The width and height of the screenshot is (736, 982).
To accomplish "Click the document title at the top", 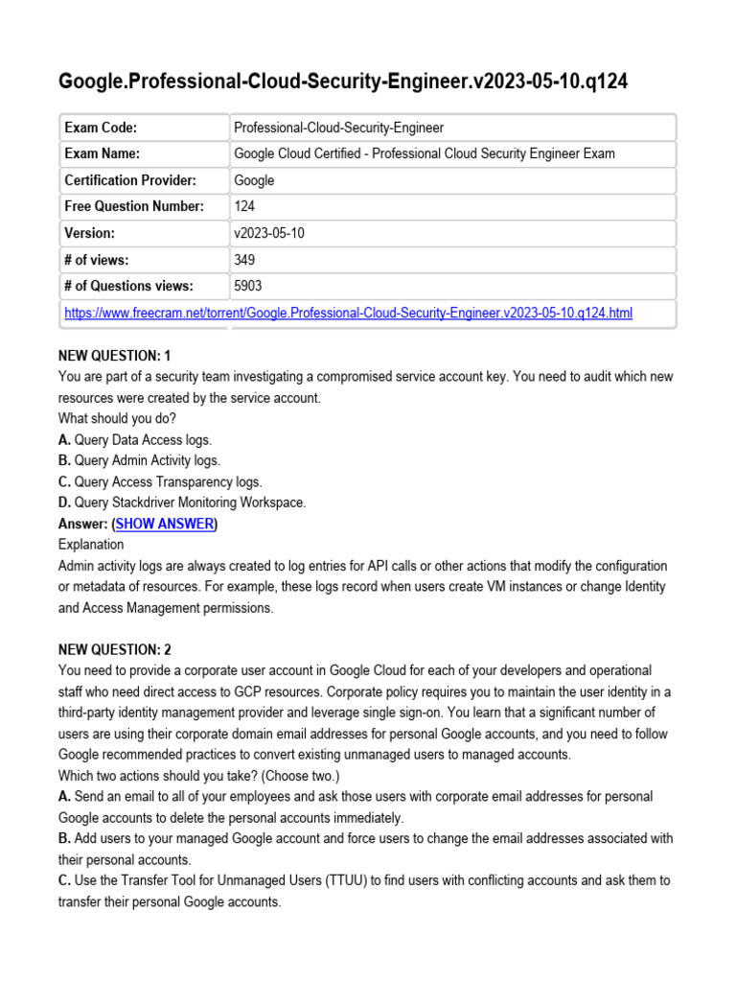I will pyautogui.click(x=343, y=82).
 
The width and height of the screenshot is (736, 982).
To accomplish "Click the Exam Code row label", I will pyautogui.click(x=101, y=128).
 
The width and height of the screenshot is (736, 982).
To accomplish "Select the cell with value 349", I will pyautogui.click(x=245, y=259).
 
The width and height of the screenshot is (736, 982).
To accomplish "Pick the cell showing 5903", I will pyautogui.click(x=248, y=286).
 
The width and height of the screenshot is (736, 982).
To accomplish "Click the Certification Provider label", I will pyautogui.click(x=129, y=180).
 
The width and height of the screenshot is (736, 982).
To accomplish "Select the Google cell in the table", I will pyautogui.click(x=254, y=180).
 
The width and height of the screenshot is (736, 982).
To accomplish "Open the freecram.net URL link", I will pyautogui.click(x=348, y=313).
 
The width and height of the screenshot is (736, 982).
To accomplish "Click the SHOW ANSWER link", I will pyautogui.click(x=165, y=524).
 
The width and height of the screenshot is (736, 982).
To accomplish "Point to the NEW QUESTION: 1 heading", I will pyautogui.click(x=115, y=356).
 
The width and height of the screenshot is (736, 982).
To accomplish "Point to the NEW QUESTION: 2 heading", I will pyautogui.click(x=115, y=649).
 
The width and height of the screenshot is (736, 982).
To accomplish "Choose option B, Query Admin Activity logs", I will pyautogui.click(x=139, y=460).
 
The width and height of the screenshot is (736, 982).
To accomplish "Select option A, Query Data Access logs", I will pyautogui.click(x=135, y=439).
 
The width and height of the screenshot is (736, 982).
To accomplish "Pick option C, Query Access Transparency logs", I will pyautogui.click(x=160, y=481).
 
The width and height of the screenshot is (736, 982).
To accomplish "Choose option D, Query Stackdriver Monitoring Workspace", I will pyautogui.click(x=182, y=503).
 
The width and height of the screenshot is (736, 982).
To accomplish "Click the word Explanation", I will pyautogui.click(x=92, y=545).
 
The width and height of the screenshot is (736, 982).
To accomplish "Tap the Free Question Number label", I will pyautogui.click(x=134, y=206).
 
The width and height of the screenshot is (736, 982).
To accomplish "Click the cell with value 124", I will pyautogui.click(x=245, y=206).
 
